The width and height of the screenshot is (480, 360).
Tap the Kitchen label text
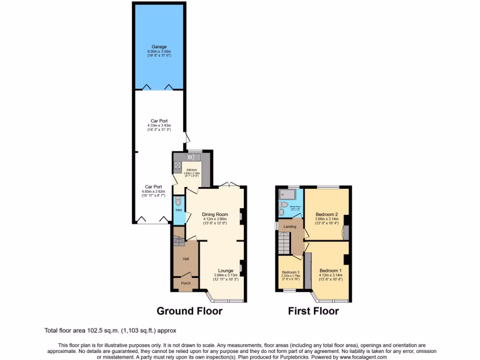pyautogui.click(x=192, y=170)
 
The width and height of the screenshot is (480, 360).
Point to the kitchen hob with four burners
pyautogui.click(x=178, y=165)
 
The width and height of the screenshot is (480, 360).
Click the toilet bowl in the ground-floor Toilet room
pyautogui.click(x=178, y=202)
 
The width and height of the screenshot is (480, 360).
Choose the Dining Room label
pyautogui.click(x=215, y=214)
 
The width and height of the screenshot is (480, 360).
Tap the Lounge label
pyautogui.click(x=225, y=271)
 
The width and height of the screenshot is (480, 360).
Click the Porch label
pyautogui.click(x=186, y=284)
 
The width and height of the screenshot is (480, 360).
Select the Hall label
pyautogui.click(x=186, y=259)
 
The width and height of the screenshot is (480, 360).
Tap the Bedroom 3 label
pyautogui.click(x=290, y=272)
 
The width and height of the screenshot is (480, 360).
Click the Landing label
pyautogui.click(x=290, y=227)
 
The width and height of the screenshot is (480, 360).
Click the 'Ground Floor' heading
pyautogui.click(x=189, y=311)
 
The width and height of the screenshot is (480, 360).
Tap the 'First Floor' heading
pyautogui.click(x=313, y=311)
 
